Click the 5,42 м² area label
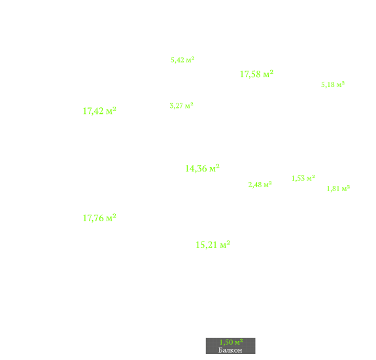click(x=182, y=60)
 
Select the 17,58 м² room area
click(x=256, y=74)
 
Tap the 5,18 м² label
click(x=333, y=84)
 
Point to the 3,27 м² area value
click(x=182, y=105)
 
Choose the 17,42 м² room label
click(x=99, y=111)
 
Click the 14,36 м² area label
click(x=202, y=168)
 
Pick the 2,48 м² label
click(x=260, y=185)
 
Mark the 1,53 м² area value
click(x=303, y=178)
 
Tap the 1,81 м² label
click(x=338, y=189)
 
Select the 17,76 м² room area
click(x=99, y=218)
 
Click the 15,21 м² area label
click(x=213, y=245)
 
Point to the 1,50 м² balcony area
click(x=231, y=342)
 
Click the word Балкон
click(x=230, y=350)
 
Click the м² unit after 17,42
click(x=111, y=111)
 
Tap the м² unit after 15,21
click(x=225, y=245)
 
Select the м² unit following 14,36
click(x=214, y=168)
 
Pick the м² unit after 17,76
click(x=111, y=218)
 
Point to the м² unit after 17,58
click(x=268, y=74)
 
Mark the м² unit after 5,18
click(x=341, y=84)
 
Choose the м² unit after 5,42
click(x=190, y=60)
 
